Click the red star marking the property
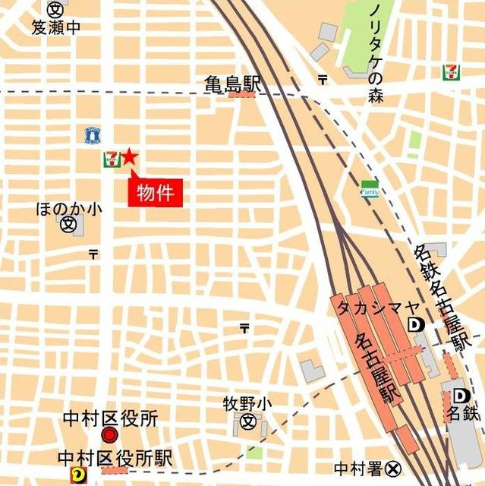(x=129, y=157)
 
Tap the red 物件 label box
(x=155, y=194)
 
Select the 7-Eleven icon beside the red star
(x=111, y=159)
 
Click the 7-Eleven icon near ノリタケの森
(x=450, y=72)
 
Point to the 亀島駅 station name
(x=232, y=84)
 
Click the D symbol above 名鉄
(x=461, y=396)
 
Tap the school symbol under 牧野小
(x=247, y=421)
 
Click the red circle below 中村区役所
(x=110, y=436)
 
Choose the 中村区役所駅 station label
(x=116, y=458)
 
